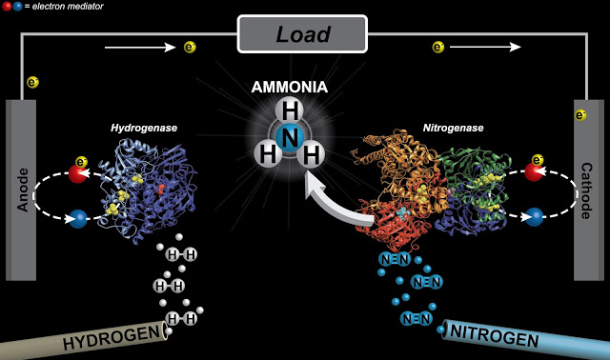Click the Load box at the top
pos(302,34)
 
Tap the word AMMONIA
pos(290,87)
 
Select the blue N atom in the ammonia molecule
pos(290,138)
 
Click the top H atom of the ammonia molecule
pos(290,110)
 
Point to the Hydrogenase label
pos(144,128)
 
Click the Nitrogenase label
pos(454,128)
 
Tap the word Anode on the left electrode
pos(23,190)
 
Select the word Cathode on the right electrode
pos(586,190)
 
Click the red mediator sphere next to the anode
pos(78,173)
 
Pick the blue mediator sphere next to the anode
pos(78,219)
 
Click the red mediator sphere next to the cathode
pos(534,171)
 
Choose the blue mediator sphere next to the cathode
pos(534,217)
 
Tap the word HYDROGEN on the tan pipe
pos(112,337)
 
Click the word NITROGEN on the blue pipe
pos(494,335)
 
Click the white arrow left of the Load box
pos(140,48)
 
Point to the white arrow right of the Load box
pos(485,47)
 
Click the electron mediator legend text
pos(68,7)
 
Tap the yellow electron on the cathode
pos(580,115)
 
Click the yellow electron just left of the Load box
pos(190,48)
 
